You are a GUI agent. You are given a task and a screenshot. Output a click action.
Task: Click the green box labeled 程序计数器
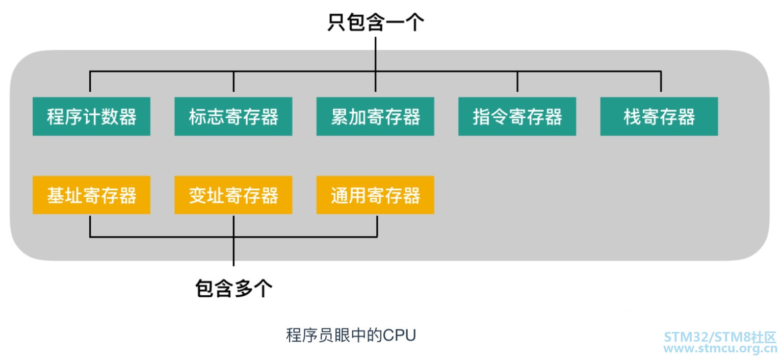click(91, 116)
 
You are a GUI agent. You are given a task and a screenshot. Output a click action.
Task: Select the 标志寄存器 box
click(233, 116)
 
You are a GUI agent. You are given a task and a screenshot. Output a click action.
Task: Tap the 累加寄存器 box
click(375, 116)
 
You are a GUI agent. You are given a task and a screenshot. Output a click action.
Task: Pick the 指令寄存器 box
click(517, 116)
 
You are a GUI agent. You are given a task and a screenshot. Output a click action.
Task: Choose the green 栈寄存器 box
click(659, 116)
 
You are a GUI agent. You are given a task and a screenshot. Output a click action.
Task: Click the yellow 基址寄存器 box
click(91, 195)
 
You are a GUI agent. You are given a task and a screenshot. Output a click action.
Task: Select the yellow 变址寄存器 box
click(233, 195)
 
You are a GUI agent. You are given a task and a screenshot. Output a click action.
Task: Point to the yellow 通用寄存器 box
click(375, 195)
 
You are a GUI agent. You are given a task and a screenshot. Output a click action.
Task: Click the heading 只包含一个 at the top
click(375, 23)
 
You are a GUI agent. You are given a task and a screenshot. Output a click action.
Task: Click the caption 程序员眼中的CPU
click(351, 336)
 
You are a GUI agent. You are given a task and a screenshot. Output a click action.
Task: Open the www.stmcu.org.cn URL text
click(720, 349)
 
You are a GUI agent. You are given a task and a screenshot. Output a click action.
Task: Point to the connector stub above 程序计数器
click(90, 82)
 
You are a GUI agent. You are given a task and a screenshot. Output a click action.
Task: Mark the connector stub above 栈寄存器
click(661, 82)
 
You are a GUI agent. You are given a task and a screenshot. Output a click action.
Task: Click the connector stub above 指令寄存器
click(517, 82)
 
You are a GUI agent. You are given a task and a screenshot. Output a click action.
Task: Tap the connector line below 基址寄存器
click(90, 225)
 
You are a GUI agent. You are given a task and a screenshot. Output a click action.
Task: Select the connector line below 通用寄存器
click(377, 225)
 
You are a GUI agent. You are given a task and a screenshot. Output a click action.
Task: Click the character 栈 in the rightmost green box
click(632, 117)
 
